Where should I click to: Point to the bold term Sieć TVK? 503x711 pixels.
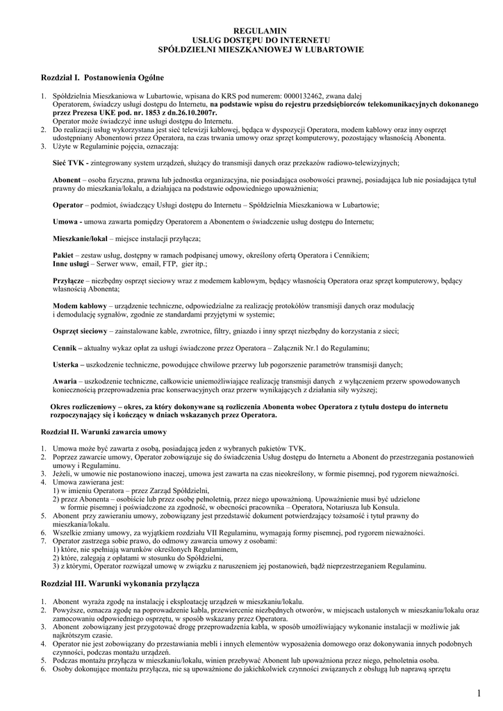point(69,162)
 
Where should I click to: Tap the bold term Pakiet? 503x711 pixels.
point(64,256)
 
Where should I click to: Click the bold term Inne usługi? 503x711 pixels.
point(71,264)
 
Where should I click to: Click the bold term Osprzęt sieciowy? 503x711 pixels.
point(80,331)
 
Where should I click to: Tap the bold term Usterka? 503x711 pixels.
point(67,364)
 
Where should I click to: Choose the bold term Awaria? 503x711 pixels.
point(65,381)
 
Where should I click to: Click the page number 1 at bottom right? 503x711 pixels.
point(479,694)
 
